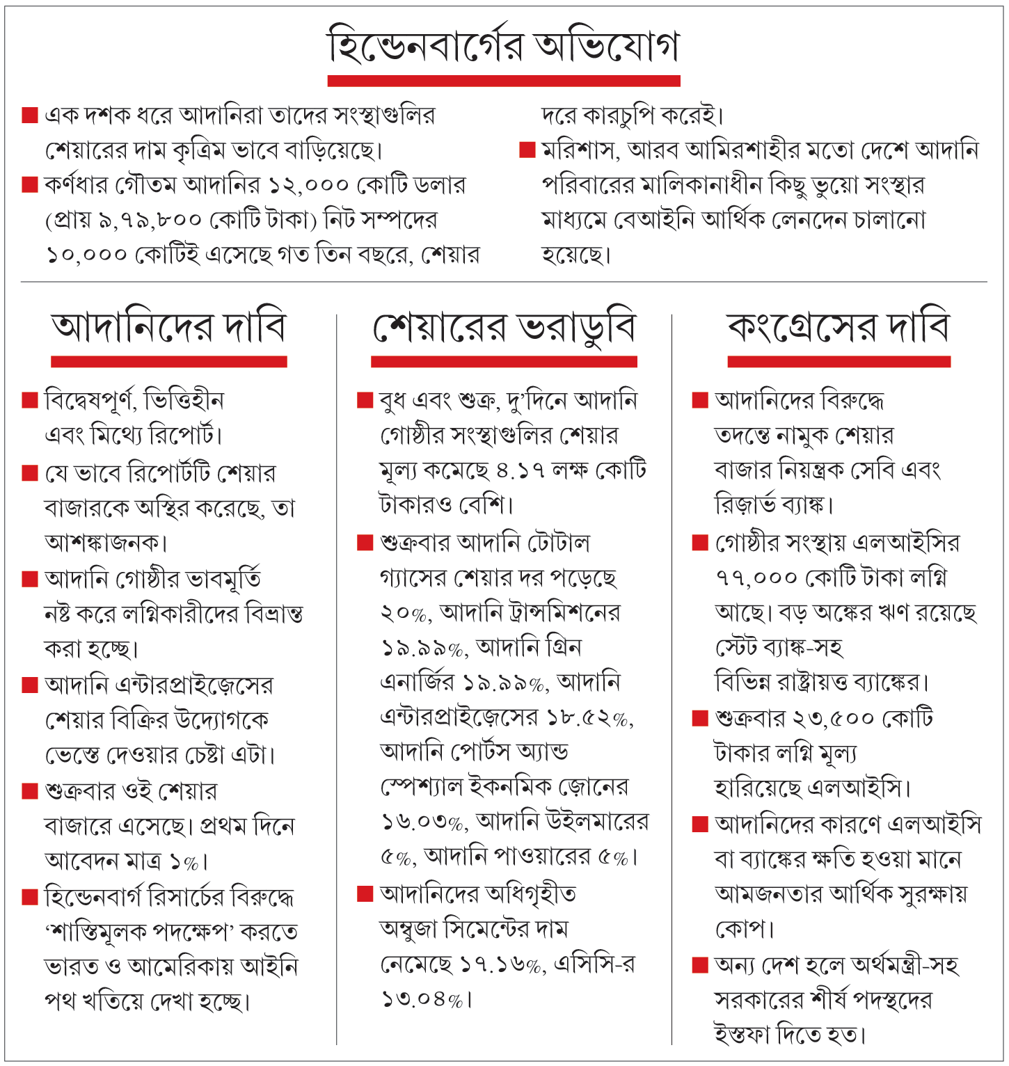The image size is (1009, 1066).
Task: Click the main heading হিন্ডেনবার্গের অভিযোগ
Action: point(503,46)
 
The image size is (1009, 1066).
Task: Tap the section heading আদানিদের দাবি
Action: point(168,328)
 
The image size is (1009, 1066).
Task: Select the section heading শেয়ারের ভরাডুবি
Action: point(504,328)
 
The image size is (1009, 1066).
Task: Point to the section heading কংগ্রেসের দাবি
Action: point(839,328)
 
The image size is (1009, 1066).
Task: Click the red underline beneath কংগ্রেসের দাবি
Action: point(839,361)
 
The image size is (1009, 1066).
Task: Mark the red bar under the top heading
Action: point(503,81)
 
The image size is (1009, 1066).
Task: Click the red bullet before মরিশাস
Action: point(527,150)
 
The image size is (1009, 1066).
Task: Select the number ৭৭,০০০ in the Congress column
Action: point(756,578)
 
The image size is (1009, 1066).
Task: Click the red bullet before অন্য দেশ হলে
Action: point(699,964)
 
